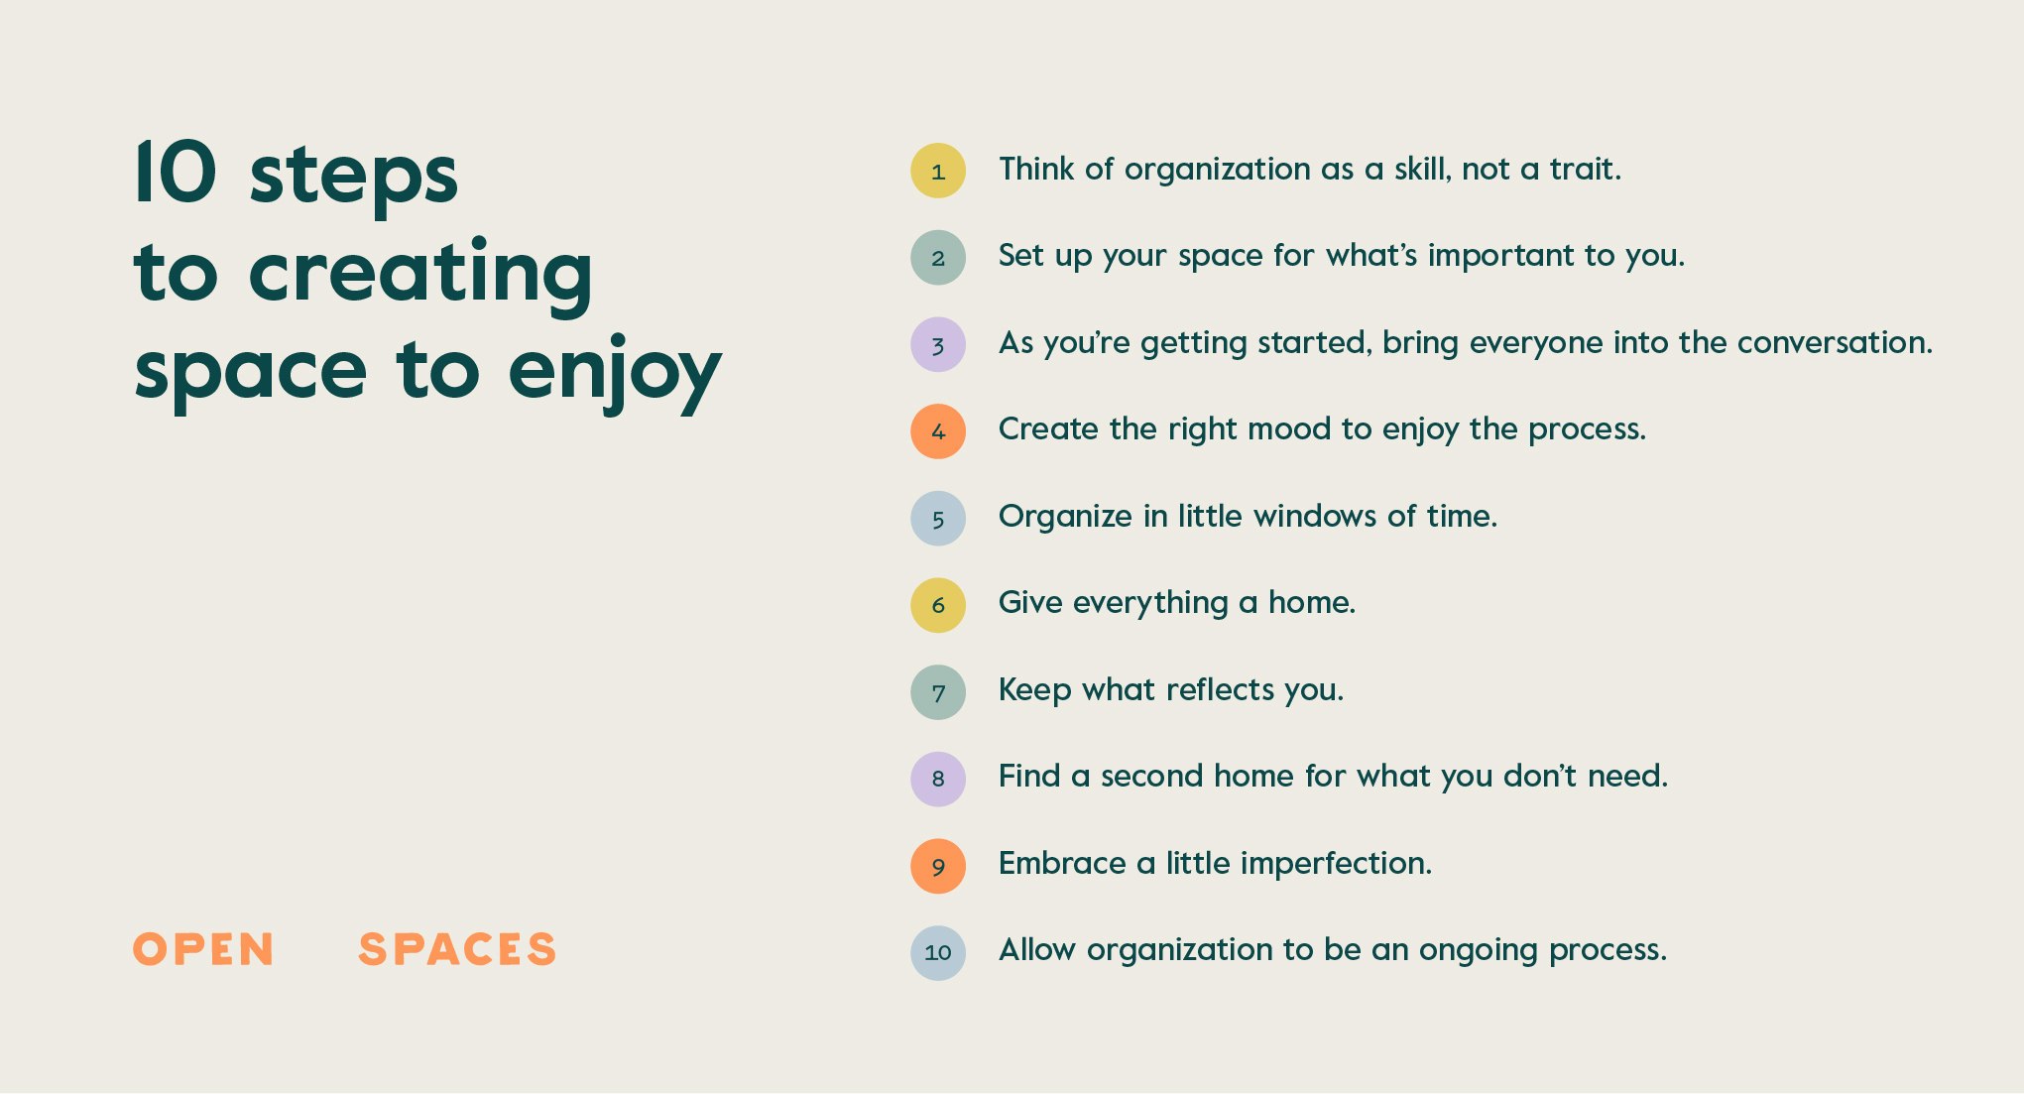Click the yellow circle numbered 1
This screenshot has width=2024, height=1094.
click(938, 171)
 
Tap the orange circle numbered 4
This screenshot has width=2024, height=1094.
click(938, 431)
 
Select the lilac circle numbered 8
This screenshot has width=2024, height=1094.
click(938, 779)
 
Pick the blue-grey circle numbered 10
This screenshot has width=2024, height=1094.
click(938, 952)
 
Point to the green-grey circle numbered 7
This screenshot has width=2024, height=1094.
click(938, 692)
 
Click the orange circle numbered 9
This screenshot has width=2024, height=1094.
click(938, 866)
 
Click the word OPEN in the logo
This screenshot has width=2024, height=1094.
click(203, 949)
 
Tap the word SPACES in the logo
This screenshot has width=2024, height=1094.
click(457, 949)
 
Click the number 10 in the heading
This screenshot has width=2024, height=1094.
click(176, 172)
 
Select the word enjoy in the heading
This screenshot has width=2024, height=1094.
click(614, 374)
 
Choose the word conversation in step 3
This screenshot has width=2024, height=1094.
click(1835, 342)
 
